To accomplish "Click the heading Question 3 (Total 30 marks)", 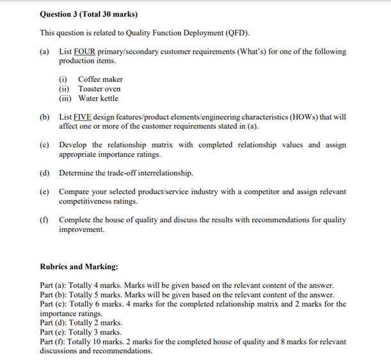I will coord(88,13).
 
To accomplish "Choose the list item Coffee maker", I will coord(100,79).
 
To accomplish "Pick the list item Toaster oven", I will coord(99,89).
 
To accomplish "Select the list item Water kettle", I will coord(99,98).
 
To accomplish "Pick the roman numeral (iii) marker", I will coord(66,98).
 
